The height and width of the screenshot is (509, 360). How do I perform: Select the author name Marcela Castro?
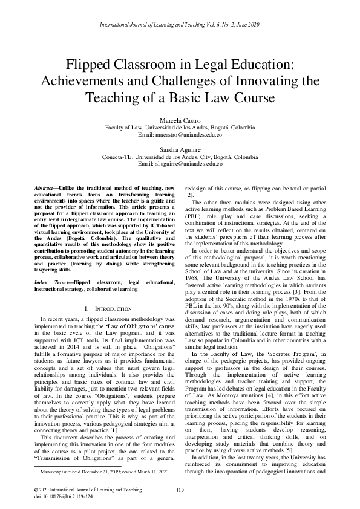coord(180,120)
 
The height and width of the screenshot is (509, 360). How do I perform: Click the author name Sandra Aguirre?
coord(180,149)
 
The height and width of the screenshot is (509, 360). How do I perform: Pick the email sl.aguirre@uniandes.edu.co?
coord(180,164)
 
